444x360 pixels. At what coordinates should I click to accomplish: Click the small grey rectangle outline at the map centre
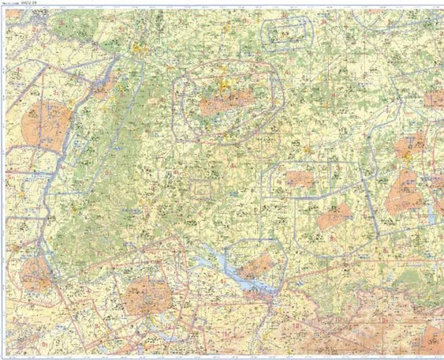click(x=200, y=188)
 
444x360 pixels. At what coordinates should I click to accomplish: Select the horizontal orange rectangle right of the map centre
click(x=300, y=179)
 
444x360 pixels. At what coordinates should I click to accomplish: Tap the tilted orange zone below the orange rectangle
click(x=334, y=215)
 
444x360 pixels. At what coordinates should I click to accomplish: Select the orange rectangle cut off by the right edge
click(x=435, y=99)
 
